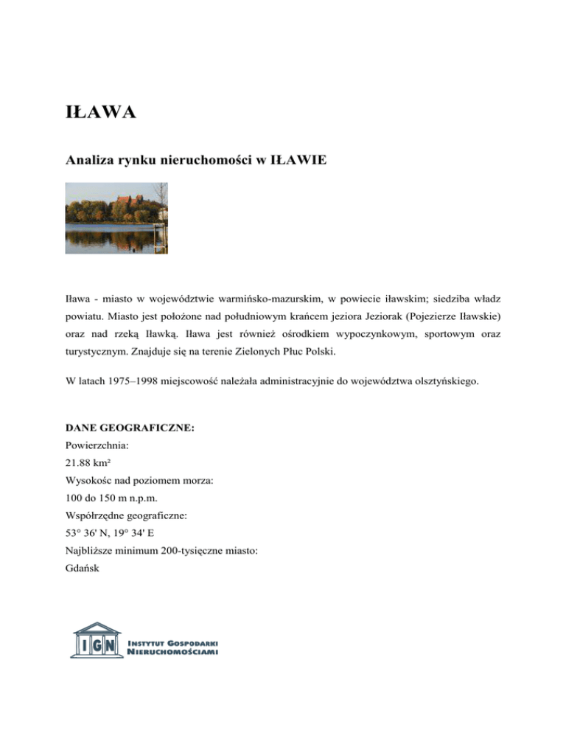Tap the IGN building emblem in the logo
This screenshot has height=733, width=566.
(96, 639)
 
